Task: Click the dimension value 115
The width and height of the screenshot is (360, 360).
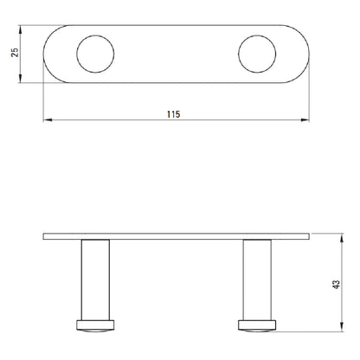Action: (x=173, y=114)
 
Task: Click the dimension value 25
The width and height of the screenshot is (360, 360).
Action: (x=15, y=52)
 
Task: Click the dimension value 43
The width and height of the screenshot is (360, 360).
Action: (x=336, y=284)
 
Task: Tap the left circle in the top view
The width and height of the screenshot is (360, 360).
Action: (x=77, y=54)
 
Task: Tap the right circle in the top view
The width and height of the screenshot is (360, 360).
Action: (x=239, y=54)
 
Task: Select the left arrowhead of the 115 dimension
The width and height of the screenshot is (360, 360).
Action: (x=48, y=119)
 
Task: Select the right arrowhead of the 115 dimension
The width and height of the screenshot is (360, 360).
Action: (x=305, y=119)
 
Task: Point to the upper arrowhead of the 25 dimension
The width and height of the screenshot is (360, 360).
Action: (x=20, y=29)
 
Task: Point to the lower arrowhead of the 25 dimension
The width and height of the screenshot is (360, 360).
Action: (x=20, y=78)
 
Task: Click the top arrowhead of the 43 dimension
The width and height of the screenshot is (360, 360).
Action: (x=342, y=238)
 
